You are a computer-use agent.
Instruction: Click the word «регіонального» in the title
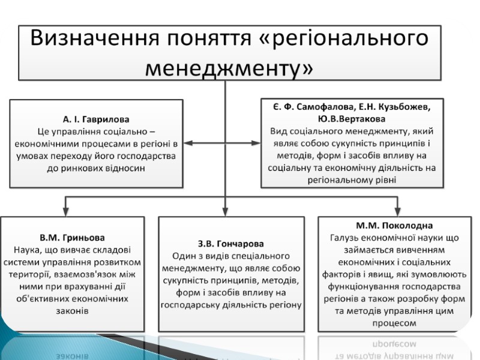tap(349, 38)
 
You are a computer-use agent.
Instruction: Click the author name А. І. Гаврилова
tap(96, 119)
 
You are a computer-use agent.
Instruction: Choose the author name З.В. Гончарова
tap(230, 244)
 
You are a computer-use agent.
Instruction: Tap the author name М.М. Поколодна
tap(394, 226)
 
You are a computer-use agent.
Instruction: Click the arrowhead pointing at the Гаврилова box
tap(188, 143)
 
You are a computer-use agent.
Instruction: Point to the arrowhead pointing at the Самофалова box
tap(256, 143)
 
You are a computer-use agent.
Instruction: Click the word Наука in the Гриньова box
tap(27, 250)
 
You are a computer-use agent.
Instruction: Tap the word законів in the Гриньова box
tap(71, 311)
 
